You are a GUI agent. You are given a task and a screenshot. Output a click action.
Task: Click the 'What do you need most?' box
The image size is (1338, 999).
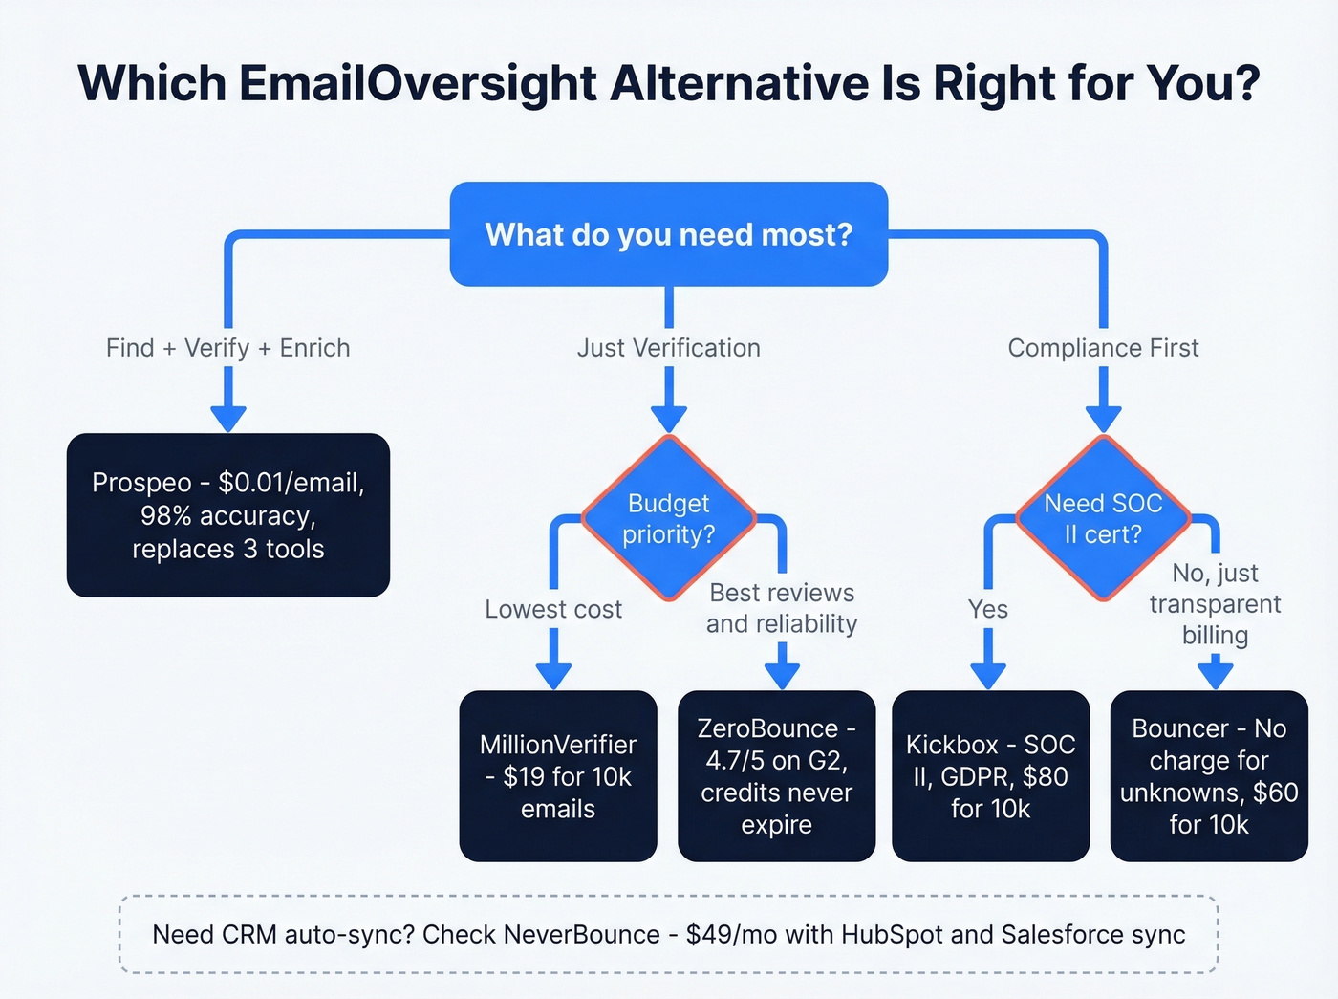pos(669,234)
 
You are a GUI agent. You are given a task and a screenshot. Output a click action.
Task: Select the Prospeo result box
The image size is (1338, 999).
pos(228,515)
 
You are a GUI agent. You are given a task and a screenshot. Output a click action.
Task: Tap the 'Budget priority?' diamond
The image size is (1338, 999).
pos(669,518)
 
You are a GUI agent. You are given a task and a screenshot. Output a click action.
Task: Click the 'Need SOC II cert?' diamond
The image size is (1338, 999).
pos(1103,518)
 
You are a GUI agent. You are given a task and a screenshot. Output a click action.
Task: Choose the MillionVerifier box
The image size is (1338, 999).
pos(558,776)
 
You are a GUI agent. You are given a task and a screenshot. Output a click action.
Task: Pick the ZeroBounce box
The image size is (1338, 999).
pos(776,776)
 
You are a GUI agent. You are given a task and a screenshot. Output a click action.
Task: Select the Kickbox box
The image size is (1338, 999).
pos(990,776)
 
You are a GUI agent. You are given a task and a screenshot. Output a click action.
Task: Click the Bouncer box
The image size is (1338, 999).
pos(1209,776)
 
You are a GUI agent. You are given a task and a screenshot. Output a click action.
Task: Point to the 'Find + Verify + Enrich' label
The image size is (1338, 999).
pos(228,348)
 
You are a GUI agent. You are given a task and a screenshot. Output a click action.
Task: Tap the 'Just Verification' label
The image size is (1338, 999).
pos(669,348)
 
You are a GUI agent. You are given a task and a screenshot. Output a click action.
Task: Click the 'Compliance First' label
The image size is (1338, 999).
pos(1103,348)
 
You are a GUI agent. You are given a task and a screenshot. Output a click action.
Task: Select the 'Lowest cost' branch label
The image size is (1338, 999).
pos(553,609)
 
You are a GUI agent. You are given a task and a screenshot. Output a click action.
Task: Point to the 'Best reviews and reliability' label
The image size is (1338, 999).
pos(782,608)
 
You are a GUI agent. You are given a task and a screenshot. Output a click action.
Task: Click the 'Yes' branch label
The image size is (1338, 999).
pos(988,609)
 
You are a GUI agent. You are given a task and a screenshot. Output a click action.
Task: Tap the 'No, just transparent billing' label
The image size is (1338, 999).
pos(1215,603)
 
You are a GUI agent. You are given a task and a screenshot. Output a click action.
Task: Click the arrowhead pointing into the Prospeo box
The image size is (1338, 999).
pos(228,419)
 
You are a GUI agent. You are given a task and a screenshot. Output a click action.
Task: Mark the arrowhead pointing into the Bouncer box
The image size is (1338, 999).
pos(1215,675)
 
